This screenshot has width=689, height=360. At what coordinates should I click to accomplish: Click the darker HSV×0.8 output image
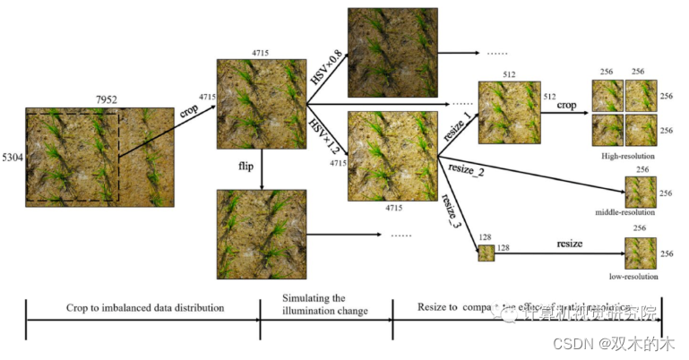click(x=392, y=52)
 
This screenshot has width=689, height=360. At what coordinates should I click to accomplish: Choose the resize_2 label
click(x=466, y=170)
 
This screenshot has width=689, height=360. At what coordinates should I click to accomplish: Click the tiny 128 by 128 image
click(x=487, y=253)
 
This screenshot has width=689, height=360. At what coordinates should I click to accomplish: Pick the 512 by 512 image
click(x=510, y=113)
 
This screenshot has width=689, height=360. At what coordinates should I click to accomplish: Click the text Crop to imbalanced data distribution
click(x=144, y=307)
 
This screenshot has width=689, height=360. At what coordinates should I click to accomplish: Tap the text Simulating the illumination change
click(x=325, y=304)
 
